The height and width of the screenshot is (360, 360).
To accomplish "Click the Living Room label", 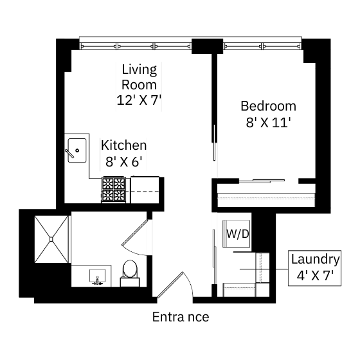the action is pyautogui.click(x=139, y=77).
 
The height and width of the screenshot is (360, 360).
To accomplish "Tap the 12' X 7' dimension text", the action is pyautogui.click(x=139, y=100).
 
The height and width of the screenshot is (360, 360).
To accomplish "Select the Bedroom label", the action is pyautogui.click(x=269, y=106).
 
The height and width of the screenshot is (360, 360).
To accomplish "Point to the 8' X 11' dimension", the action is pyautogui.click(x=269, y=122).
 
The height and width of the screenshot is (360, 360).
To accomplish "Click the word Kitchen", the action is pyautogui.click(x=123, y=145).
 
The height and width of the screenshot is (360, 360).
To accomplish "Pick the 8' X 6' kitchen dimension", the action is pyautogui.click(x=123, y=161).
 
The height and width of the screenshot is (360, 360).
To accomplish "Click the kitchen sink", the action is pyautogui.click(x=77, y=150).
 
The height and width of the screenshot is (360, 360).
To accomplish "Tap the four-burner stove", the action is pyautogui.click(x=114, y=190).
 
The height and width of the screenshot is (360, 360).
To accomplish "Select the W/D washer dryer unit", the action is pyautogui.click(x=237, y=234).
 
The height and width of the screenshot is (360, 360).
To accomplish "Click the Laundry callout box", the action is pyautogui.click(x=314, y=268).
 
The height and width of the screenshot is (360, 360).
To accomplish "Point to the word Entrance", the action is pyautogui.click(x=181, y=317).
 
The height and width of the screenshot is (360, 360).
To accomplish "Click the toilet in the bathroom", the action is pyautogui.click(x=130, y=273).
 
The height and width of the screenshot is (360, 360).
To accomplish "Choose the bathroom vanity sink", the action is pyautogui.click(x=97, y=276).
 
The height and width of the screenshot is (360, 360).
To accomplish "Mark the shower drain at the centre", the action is pyautogui.click(x=51, y=239).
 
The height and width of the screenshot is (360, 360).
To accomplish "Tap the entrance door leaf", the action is pyautogui.click(x=170, y=285).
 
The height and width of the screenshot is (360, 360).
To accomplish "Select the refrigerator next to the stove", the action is pyautogui.click(x=145, y=190).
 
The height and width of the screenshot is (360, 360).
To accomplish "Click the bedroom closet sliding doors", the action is pyautogui.click(x=262, y=181).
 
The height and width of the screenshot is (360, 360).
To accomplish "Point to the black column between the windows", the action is pyautogui.click(x=207, y=46).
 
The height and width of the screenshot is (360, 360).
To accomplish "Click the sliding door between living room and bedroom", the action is pyautogui.click(x=215, y=143).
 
